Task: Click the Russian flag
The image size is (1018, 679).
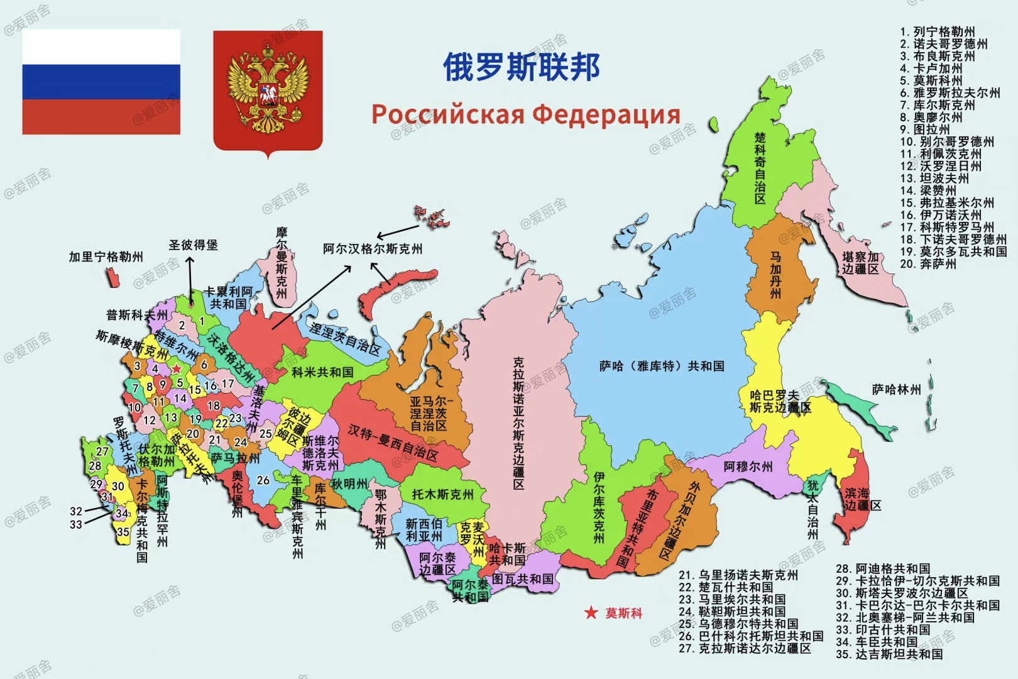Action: [101, 81]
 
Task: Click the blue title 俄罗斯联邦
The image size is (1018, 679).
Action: [522, 67]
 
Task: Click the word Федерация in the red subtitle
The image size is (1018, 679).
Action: [606, 114]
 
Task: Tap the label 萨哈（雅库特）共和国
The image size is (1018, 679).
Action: [662, 366]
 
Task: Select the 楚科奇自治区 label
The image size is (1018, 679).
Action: [760, 168]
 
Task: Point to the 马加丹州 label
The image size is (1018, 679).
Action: [776, 275]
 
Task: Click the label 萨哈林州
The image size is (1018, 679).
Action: [896, 390]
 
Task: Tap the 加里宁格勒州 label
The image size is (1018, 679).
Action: [106, 257]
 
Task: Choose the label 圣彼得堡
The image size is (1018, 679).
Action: [193, 245]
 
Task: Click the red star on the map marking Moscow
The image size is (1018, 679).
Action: [177, 368]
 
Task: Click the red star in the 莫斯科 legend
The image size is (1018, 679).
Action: [591, 613]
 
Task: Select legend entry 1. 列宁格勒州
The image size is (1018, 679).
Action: [937, 32]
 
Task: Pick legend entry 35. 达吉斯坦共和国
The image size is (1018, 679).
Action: [889, 654]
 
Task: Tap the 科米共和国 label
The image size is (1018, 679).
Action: [322, 372]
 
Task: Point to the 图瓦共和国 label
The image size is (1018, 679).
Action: [523, 578]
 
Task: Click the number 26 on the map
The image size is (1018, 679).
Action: [263, 480]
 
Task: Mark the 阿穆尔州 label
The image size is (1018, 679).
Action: [748, 466]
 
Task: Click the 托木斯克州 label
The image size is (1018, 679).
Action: [442, 494]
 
